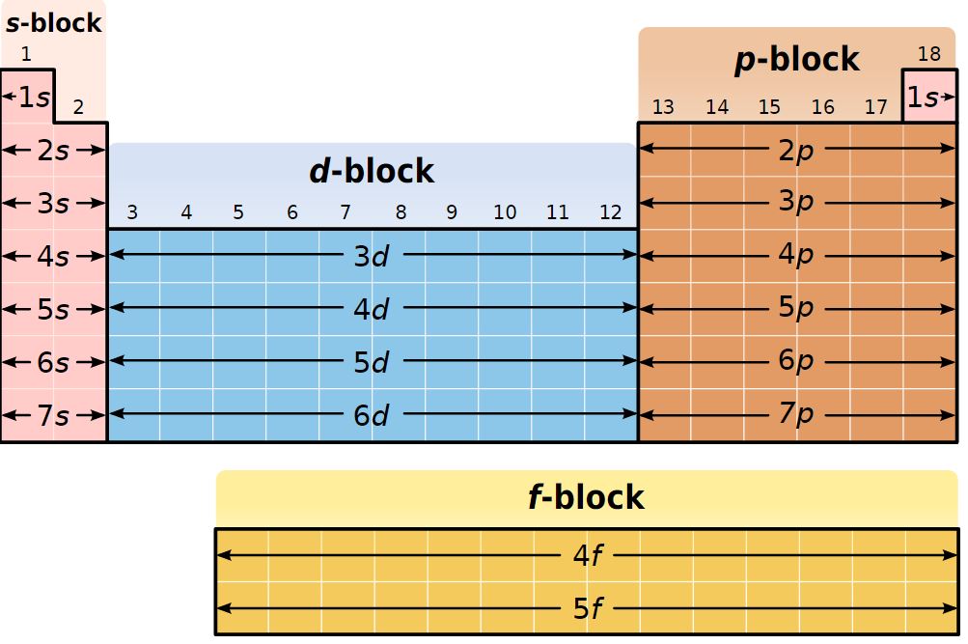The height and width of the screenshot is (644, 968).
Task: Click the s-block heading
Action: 53,22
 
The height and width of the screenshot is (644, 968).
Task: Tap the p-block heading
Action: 796,60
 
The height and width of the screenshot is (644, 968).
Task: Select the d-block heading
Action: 372,171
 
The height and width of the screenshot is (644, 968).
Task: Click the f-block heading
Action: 586,497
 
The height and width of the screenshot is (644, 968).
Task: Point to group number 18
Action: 928,54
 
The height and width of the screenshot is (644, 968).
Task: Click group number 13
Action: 663,107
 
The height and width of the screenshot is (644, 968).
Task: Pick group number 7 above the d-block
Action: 346,212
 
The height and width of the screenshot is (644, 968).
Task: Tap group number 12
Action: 610,212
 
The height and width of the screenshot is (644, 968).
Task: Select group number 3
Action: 132,212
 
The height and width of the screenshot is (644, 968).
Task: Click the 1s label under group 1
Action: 34,97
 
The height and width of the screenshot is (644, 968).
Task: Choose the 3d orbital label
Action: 372,256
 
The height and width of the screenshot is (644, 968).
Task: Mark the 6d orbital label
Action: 372,415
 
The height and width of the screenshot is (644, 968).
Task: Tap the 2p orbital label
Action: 796,150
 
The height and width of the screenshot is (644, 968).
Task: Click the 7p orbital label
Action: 796,415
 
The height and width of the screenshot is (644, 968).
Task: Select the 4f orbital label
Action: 587,555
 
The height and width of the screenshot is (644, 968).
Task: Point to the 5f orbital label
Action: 587,609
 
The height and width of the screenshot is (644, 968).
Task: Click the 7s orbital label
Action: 53,415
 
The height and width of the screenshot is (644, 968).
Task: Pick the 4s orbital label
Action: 53,257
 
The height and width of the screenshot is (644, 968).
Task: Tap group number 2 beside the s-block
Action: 78,107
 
